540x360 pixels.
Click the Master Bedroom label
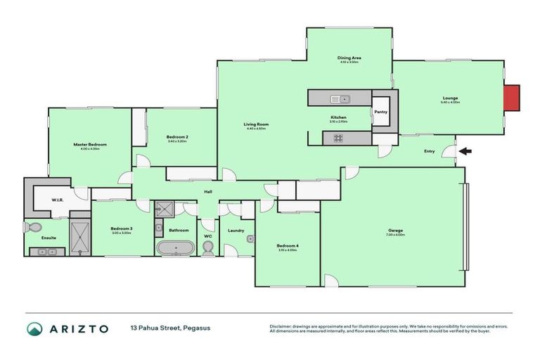(89, 144)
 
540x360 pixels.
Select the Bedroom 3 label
(121, 229)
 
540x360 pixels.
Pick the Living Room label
(257, 124)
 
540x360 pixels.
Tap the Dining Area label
(349, 58)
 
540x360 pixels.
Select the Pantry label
(381, 111)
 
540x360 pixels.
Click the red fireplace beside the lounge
(513, 98)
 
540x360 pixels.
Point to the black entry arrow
(465, 150)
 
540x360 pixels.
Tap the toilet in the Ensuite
(31, 227)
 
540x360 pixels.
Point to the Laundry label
(236, 230)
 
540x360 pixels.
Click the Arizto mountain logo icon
(34, 329)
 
